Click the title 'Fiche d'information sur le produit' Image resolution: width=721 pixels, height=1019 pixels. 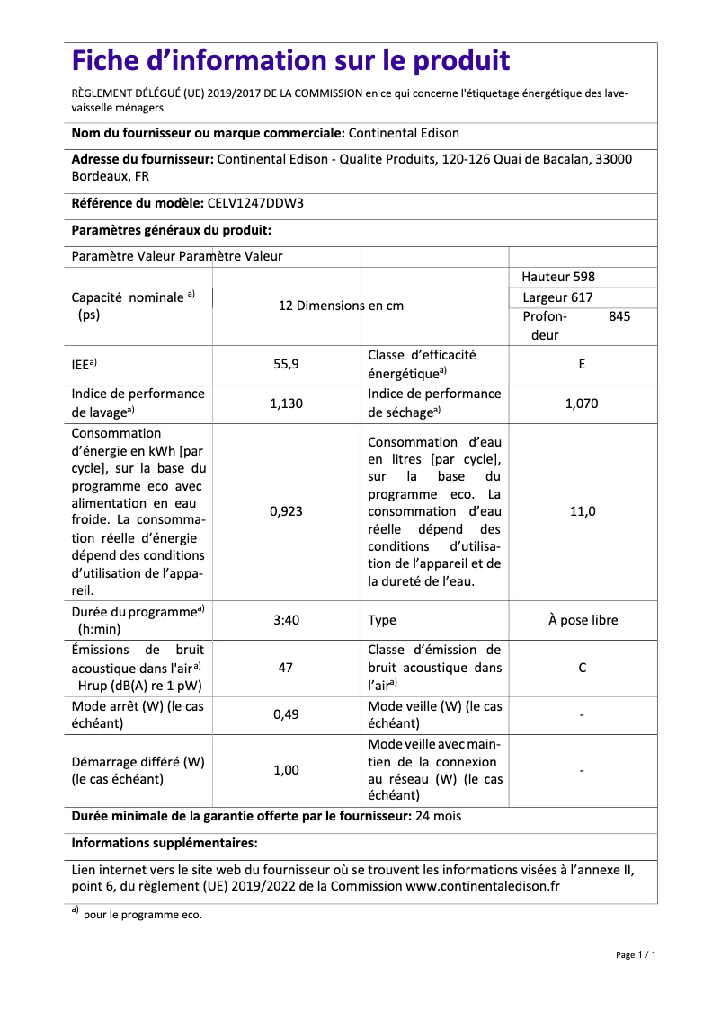click(x=290, y=61)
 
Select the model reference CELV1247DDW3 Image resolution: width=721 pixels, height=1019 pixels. click(x=255, y=203)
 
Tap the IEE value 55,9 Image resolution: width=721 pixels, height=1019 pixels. click(x=286, y=365)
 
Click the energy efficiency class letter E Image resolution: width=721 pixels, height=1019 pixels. click(x=582, y=365)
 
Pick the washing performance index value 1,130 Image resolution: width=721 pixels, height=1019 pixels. click(x=286, y=403)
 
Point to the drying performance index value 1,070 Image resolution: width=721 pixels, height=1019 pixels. click(x=582, y=403)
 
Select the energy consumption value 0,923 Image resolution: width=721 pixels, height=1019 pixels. click(x=286, y=511)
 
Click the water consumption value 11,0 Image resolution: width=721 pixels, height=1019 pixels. click(x=582, y=511)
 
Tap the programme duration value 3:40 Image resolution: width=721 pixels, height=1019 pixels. click(x=286, y=620)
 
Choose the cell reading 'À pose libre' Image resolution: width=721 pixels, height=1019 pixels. click(x=583, y=620)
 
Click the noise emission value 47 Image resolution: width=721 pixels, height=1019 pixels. click(x=286, y=668)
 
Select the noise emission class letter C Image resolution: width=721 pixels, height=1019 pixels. click(x=582, y=668)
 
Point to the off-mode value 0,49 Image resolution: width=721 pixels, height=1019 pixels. click(x=286, y=715)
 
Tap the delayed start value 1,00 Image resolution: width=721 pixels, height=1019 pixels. click(x=286, y=770)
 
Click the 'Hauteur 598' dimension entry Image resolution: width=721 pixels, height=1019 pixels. click(x=558, y=277)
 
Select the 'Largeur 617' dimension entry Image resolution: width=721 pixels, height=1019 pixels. click(x=557, y=297)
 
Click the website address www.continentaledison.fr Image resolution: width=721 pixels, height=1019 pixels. click(x=483, y=886)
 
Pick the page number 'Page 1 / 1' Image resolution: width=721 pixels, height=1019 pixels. click(x=635, y=955)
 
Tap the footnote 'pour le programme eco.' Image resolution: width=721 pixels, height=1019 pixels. click(x=142, y=916)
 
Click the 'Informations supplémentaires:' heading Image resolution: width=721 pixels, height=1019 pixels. click(x=165, y=843)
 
